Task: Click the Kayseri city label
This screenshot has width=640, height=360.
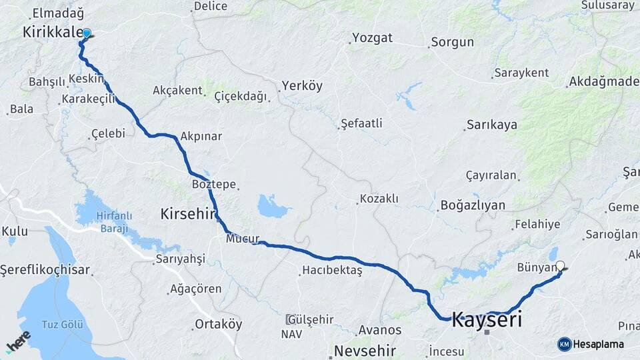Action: coord(487,319)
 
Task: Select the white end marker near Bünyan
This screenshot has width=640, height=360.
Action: coord(560,265)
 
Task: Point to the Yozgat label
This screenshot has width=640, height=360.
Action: coord(372,37)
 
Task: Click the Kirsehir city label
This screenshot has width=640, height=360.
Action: coord(189,214)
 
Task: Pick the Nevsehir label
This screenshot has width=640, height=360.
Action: coord(365,350)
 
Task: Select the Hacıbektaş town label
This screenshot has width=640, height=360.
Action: coord(331,270)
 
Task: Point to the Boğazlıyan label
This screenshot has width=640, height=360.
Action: coord(472,205)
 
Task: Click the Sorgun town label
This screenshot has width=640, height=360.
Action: coord(452,42)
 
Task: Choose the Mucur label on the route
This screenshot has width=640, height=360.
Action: coord(242,238)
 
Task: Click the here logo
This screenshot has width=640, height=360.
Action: coord(18,342)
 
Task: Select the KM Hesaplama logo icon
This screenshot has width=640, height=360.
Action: coord(565,344)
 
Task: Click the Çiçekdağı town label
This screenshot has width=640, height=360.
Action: coord(241,97)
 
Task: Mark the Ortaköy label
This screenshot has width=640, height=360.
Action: coord(218,325)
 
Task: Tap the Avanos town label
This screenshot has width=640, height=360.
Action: coord(380,329)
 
